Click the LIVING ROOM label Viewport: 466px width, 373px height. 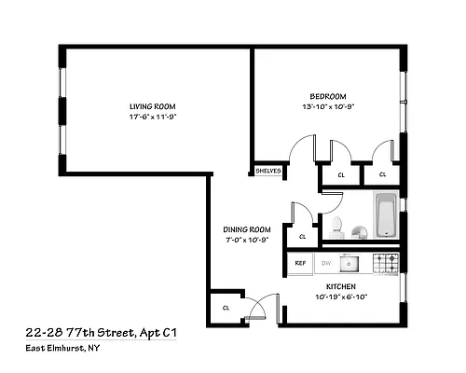coord(152,105)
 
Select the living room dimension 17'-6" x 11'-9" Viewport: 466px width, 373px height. coord(152,117)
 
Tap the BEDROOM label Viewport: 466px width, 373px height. coord(328,97)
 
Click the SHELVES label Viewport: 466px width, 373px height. coord(268,171)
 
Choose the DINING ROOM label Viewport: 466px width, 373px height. coord(247,230)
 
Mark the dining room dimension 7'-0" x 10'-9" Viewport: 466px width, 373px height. coord(247,242)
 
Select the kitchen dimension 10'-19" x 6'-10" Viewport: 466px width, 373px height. coord(342,297)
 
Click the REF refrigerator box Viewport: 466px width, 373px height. coord(300,263)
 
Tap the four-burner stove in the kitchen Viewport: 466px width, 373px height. coord(386,262)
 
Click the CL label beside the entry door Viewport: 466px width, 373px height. coord(226,308)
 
